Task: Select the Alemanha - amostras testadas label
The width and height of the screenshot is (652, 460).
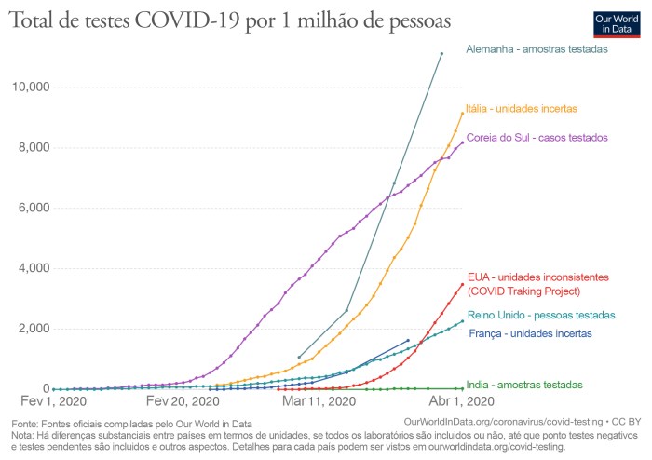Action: click(x=537, y=48)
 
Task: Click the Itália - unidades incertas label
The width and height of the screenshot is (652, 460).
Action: click(x=521, y=109)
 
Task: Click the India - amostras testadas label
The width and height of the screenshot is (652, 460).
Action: click(x=525, y=385)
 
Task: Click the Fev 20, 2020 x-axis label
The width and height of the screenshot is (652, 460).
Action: click(x=183, y=402)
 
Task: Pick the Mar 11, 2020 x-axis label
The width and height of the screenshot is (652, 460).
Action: click(x=319, y=402)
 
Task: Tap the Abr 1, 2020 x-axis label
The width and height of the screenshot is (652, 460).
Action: click(x=462, y=402)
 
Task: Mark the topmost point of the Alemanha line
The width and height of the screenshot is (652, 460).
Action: click(x=441, y=54)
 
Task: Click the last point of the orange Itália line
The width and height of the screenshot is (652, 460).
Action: click(x=462, y=114)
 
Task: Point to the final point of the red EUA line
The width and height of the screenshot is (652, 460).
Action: click(x=462, y=285)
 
